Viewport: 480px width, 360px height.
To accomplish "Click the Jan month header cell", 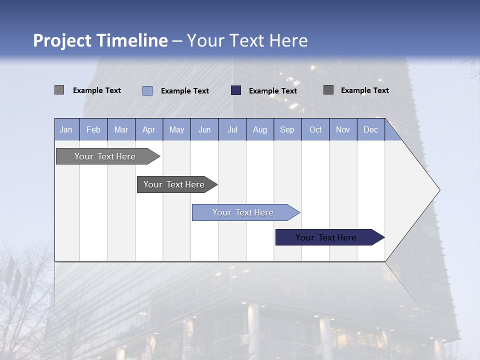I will click(66, 129).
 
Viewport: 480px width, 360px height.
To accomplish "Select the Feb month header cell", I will click(93, 129).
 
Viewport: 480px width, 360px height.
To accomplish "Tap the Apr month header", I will click(149, 129).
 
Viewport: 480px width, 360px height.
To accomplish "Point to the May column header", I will click(176, 129).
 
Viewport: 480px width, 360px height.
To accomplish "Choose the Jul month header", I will click(232, 129).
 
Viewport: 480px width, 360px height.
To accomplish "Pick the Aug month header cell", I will click(260, 129).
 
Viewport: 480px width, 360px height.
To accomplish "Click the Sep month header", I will click(287, 129).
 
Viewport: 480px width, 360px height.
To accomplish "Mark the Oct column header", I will click(315, 129).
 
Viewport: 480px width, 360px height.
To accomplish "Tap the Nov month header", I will click(343, 129).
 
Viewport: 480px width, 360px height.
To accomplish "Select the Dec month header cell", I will click(371, 129).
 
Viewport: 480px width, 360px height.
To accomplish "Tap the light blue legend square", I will click(147, 90).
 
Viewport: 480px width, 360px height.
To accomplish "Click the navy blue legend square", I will click(236, 90).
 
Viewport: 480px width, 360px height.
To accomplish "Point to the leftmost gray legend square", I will click(59, 90).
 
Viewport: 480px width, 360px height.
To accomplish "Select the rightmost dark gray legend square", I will click(328, 90).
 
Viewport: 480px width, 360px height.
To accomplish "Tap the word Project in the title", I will click(62, 40).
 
